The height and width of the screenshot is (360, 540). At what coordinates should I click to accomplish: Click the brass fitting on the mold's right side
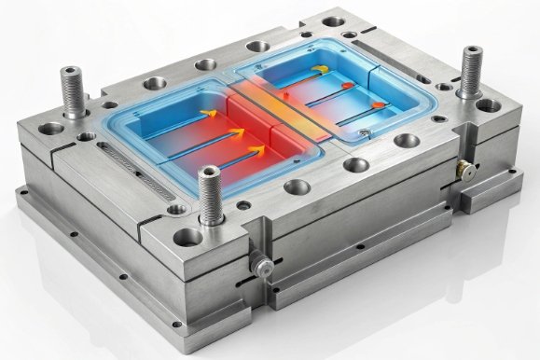(461, 171)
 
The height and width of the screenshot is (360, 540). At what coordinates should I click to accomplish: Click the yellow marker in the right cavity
(321, 70)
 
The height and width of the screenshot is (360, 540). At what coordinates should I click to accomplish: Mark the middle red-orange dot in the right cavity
(347, 87)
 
